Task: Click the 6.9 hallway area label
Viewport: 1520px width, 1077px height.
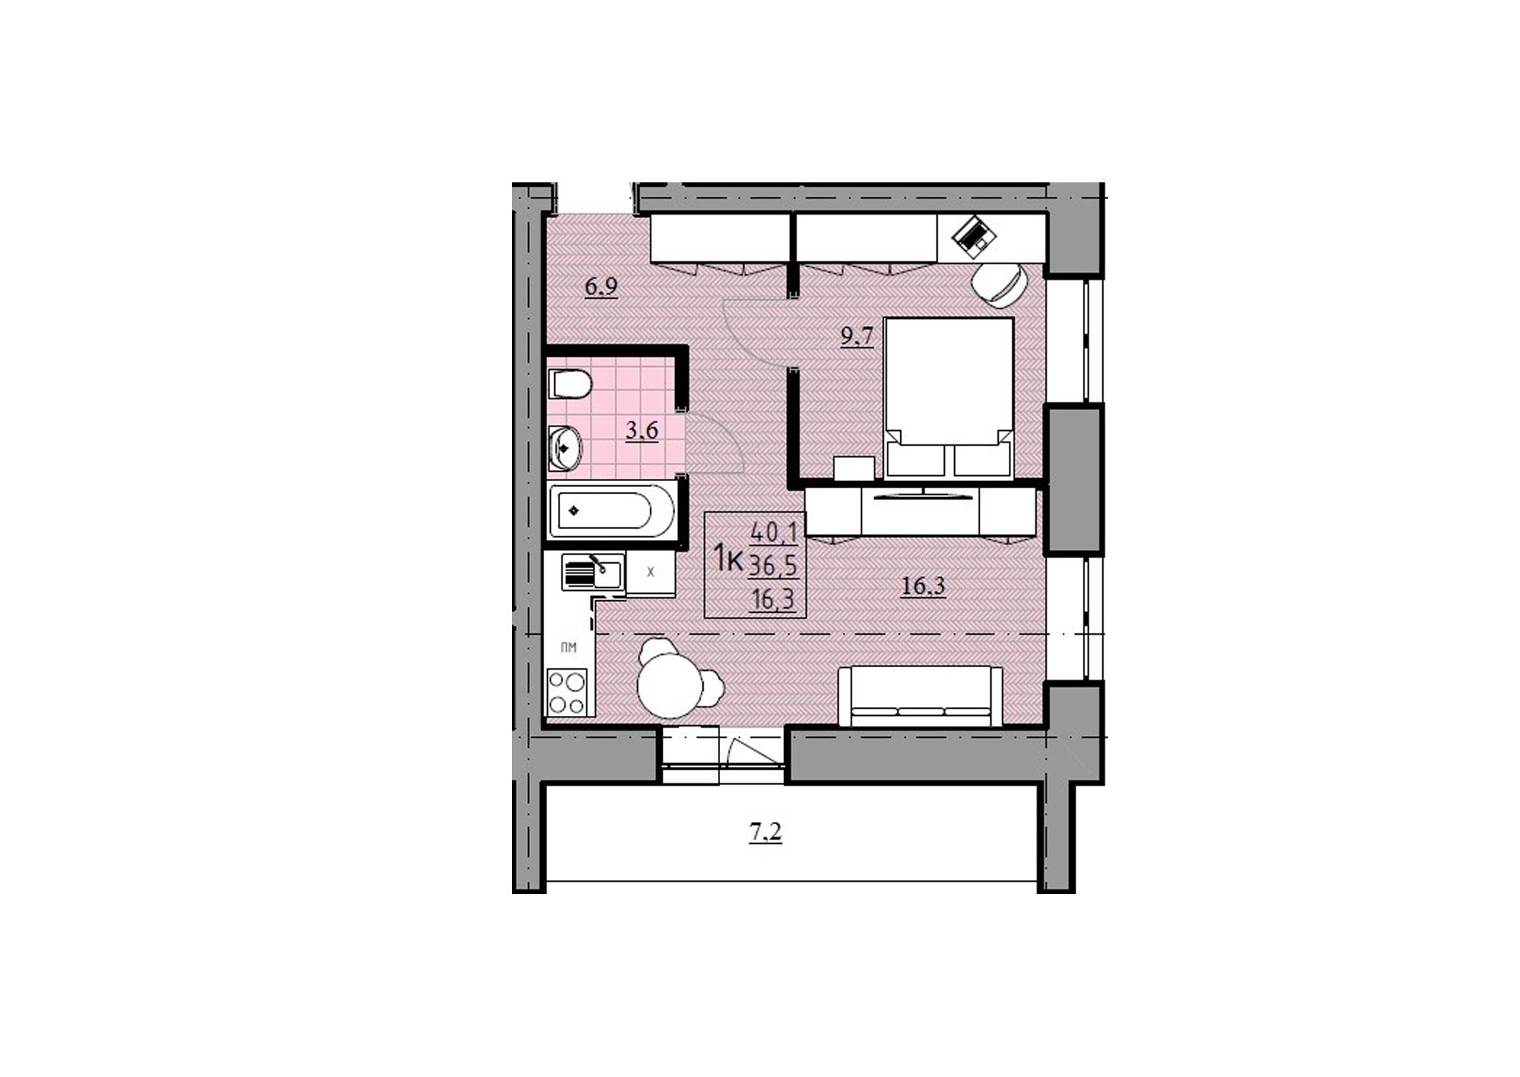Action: click(601, 286)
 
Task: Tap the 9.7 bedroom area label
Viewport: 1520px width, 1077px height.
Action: click(857, 336)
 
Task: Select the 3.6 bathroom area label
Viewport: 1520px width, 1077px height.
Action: click(642, 430)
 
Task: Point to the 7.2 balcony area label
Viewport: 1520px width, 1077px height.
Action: click(765, 832)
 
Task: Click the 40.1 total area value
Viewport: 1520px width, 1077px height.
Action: click(774, 533)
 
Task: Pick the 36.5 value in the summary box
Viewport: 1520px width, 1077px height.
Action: click(773, 567)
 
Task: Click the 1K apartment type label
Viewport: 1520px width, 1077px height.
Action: click(727, 559)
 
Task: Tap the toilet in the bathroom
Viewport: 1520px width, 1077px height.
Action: click(570, 383)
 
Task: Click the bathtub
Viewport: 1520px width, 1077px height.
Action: click(612, 511)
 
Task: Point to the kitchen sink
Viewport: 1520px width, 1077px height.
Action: click(593, 572)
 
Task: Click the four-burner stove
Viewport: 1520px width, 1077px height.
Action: click(567, 692)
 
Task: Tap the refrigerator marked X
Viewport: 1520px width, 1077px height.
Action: click(651, 573)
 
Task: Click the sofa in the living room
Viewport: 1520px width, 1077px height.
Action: click(920, 696)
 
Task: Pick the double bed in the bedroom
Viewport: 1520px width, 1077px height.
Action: click(949, 398)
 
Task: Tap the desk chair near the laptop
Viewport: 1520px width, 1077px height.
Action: click(998, 285)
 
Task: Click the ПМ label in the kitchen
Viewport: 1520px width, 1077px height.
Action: click(569, 648)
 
